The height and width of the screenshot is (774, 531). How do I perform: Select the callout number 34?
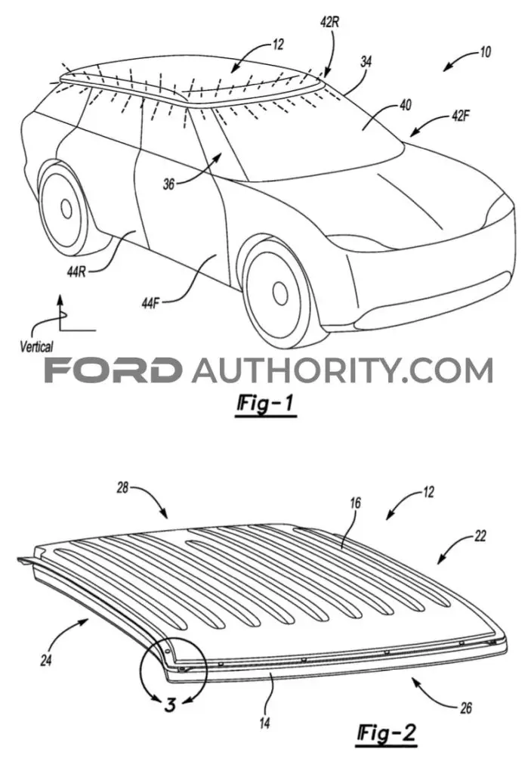click(366, 62)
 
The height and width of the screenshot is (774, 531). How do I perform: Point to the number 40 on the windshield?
click(405, 104)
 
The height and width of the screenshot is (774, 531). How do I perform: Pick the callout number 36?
click(168, 184)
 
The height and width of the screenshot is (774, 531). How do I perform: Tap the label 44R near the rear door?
click(76, 271)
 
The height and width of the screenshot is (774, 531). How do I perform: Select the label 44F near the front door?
click(150, 303)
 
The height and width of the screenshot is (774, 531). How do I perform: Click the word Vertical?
click(36, 346)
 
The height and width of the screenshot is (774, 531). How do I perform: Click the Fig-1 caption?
click(266, 404)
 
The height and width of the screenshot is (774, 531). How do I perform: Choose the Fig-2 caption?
click(387, 733)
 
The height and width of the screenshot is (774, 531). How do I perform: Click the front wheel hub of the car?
click(279, 293)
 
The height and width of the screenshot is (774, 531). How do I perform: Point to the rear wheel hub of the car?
click(66, 209)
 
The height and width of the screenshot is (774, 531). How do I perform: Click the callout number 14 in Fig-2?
click(265, 723)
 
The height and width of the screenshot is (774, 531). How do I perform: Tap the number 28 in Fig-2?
click(123, 488)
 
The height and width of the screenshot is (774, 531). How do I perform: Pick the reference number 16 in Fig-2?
click(355, 503)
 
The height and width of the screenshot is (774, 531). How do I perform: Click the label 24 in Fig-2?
click(46, 660)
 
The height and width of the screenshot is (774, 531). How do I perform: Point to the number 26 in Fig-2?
click(465, 708)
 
